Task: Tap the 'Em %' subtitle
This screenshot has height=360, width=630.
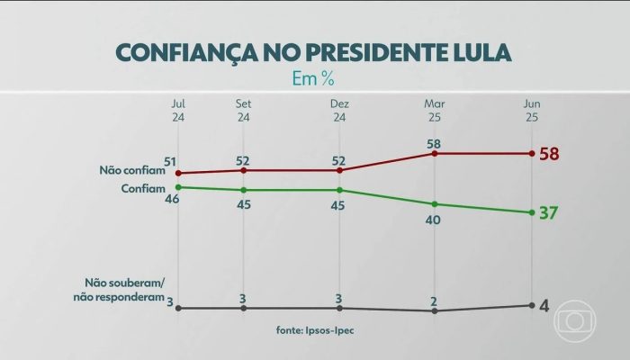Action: [314, 78]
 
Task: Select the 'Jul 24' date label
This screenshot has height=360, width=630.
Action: [178, 110]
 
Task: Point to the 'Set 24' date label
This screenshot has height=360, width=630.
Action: [243, 110]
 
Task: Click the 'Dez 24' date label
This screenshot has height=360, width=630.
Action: [339, 110]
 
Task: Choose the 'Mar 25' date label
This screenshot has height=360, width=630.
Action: [435, 110]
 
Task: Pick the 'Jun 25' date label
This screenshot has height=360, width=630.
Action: [533, 110]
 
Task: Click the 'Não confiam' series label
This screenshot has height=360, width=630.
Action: [129, 169]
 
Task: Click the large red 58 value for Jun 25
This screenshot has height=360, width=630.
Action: [550, 154]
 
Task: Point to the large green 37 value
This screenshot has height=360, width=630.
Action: [550, 213]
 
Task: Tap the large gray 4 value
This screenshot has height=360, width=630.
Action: [544, 306]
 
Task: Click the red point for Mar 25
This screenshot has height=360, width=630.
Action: [435, 153]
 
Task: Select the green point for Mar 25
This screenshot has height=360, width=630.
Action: [435, 204]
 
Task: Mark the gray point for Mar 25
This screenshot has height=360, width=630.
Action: [435, 310]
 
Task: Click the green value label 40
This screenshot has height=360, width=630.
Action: [435, 220]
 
